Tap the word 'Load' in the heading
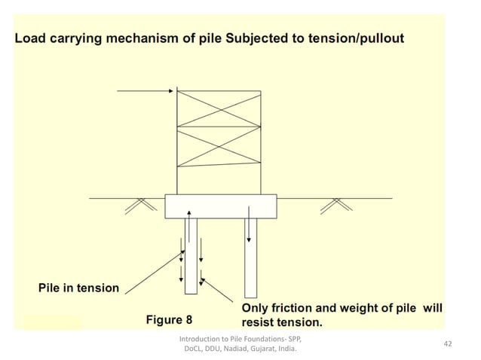point(31,38)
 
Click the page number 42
point(448,344)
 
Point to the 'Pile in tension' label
point(78,288)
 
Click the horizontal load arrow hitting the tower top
point(146,92)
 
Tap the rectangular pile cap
point(220,206)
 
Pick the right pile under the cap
point(250,257)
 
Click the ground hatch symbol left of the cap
point(136,203)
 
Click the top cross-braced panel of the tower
point(219,109)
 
